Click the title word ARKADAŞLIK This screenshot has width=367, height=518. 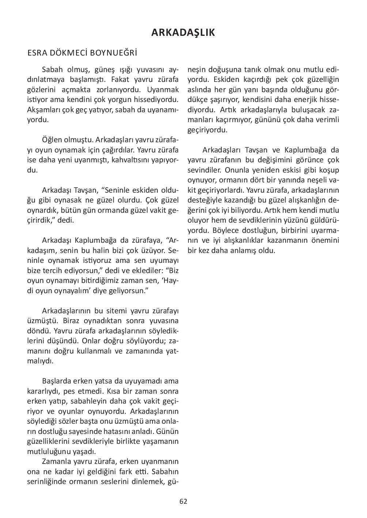tap(183, 33)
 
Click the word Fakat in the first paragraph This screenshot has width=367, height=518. tap(120, 80)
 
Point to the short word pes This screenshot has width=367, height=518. tap(69, 391)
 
